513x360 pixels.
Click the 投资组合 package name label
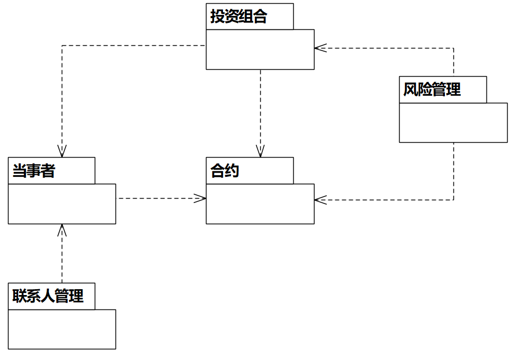click(x=238, y=17)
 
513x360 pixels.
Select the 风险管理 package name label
click(x=432, y=89)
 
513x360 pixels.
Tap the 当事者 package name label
click(x=34, y=171)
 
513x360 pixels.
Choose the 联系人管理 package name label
click(x=48, y=296)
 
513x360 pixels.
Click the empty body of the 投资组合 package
click(x=260, y=49)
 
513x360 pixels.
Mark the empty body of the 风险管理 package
click(x=453, y=122)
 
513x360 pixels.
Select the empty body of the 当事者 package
click(x=62, y=203)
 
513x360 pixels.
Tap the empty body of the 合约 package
click(x=260, y=203)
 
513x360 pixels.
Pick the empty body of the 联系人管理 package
click(x=62, y=329)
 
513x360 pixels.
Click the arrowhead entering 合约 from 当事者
click(x=202, y=199)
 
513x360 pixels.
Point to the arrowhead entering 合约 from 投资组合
click(x=260, y=153)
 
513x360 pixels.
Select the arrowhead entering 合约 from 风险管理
click(x=318, y=200)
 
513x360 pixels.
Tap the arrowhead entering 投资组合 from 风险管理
click(x=318, y=48)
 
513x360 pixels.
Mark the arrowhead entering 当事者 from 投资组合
click(x=62, y=153)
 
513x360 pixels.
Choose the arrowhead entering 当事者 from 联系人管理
click(x=62, y=228)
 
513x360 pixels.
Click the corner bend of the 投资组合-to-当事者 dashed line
click(x=62, y=46)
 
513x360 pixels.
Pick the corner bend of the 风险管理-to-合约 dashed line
click(x=453, y=200)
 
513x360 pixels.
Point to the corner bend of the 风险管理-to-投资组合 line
click(x=453, y=48)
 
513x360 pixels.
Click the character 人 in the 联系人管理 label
click(x=48, y=296)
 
